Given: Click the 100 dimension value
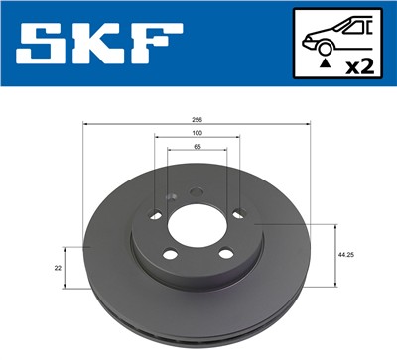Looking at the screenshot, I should point(198,132).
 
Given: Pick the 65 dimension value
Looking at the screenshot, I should point(198,146).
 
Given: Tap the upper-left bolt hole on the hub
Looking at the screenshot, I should point(155,217).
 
